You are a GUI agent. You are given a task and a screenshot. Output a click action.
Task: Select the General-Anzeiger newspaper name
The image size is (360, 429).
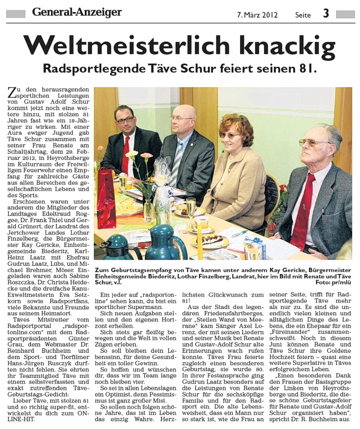point(76,12)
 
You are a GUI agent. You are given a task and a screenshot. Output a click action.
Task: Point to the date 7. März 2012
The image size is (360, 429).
point(257,15)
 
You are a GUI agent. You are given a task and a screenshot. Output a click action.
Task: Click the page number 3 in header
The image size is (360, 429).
point(326,13)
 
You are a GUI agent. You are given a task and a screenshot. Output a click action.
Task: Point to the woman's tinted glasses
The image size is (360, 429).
point(230,135)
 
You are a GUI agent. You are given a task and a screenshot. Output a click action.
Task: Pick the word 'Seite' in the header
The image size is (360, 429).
point(303,15)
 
